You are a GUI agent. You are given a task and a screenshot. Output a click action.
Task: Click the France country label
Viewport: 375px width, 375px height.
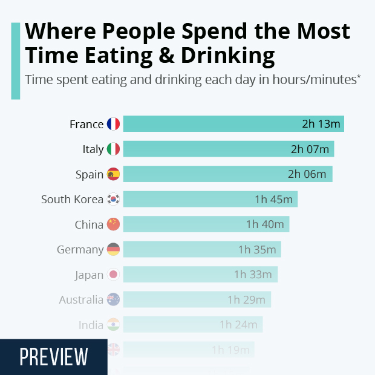pyautogui.click(x=86, y=125)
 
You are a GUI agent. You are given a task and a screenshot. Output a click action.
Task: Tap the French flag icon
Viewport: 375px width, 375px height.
pyautogui.click(x=113, y=125)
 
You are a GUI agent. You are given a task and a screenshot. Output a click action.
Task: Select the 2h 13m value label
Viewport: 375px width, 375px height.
pyautogui.click(x=321, y=125)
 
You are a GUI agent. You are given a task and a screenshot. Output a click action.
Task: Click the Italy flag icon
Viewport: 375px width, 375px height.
pyautogui.click(x=113, y=149)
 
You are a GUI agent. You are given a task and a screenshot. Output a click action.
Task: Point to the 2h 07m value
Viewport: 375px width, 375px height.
pyautogui.click(x=310, y=149)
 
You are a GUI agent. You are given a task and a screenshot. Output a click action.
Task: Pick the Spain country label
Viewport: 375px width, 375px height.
pyautogui.click(x=90, y=175)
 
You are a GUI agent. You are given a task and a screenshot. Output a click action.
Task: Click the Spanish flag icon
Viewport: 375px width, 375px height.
pyautogui.click(x=113, y=175)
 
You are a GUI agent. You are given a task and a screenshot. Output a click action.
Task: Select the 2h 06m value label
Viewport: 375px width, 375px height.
pyautogui.click(x=307, y=175)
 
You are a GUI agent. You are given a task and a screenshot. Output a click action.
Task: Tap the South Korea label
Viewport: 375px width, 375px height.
pyautogui.click(x=72, y=200)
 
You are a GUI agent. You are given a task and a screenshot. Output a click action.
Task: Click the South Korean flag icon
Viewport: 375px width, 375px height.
pyautogui.click(x=113, y=200)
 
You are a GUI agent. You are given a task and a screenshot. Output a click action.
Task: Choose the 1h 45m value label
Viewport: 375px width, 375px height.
pyautogui.click(x=273, y=200)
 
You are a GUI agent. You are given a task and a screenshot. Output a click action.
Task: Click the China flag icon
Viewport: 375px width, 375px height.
pyautogui.click(x=113, y=224)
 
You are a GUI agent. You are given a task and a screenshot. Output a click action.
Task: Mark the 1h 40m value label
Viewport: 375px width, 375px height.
pyautogui.click(x=265, y=224)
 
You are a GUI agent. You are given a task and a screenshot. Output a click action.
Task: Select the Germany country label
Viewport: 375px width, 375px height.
pyautogui.click(x=80, y=250)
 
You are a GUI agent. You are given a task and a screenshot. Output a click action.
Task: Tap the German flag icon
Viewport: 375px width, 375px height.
pyautogui.click(x=113, y=250)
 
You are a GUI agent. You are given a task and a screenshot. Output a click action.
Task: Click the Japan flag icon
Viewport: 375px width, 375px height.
pyautogui.click(x=113, y=275)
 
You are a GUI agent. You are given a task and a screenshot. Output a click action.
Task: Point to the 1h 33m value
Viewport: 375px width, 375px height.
pyautogui.click(x=253, y=275)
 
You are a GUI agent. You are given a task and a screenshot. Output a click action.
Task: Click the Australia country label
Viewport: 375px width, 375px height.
pyautogui.click(x=81, y=300)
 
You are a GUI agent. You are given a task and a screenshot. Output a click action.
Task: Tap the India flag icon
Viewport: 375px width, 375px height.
pyautogui.click(x=113, y=325)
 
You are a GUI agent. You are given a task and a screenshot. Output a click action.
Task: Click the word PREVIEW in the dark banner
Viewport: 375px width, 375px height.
pyautogui.click(x=53, y=357)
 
